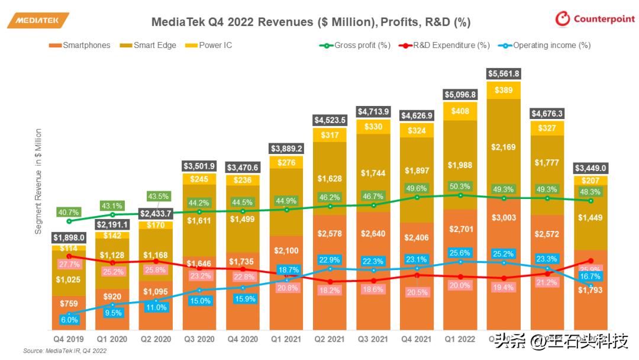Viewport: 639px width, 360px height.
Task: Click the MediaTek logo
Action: click(x=38, y=21)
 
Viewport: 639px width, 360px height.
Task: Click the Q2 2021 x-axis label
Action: click(x=330, y=339)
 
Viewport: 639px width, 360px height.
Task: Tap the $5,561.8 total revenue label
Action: click(x=504, y=73)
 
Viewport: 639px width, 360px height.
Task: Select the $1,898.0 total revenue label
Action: click(x=69, y=237)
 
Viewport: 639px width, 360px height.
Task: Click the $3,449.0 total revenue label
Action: click(x=590, y=168)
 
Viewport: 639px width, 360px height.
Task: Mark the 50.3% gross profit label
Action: click(x=460, y=187)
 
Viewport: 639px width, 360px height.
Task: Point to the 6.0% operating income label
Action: click(x=69, y=319)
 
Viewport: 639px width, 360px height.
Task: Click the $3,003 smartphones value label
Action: click(x=504, y=217)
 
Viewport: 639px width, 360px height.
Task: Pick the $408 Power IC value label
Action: click(x=460, y=110)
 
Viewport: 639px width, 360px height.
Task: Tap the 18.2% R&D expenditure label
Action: click(x=330, y=290)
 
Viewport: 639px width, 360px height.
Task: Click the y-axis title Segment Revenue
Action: click(x=38, y=181)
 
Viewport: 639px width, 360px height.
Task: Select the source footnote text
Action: click(x=64, y=351)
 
